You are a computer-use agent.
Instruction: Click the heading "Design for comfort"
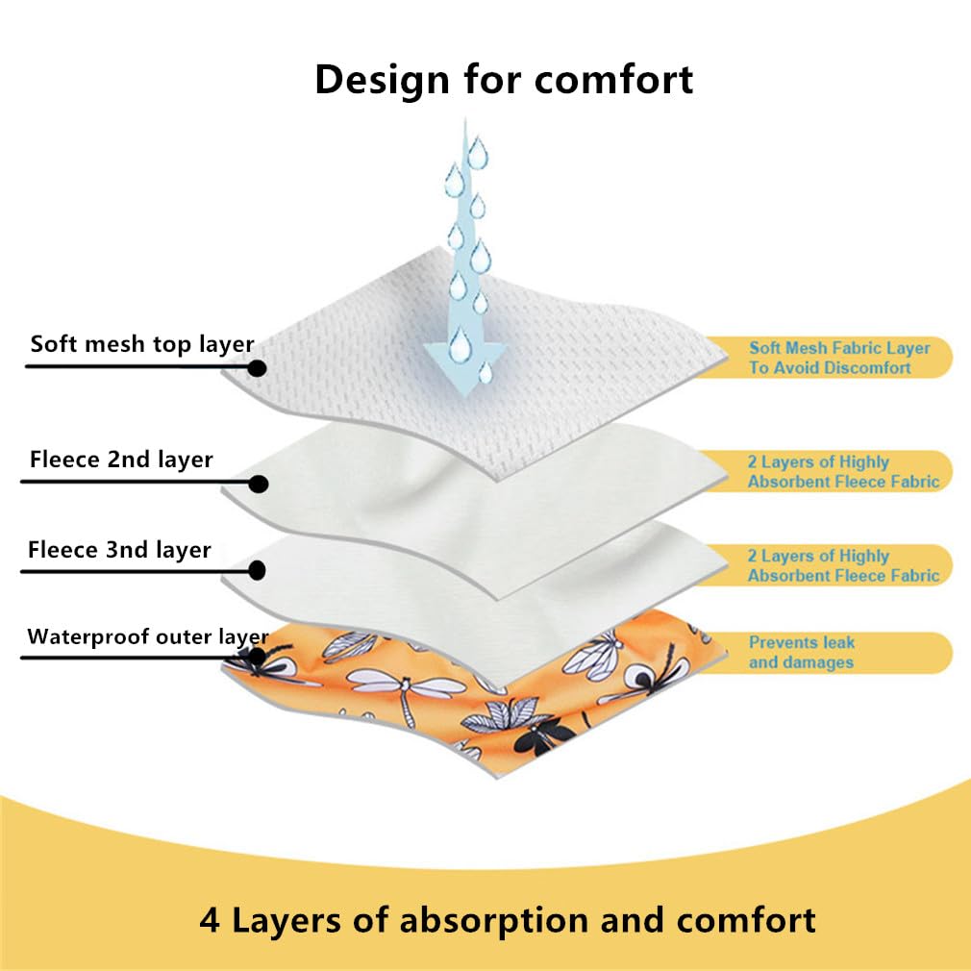(504, 80)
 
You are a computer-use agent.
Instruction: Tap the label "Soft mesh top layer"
(142, 344)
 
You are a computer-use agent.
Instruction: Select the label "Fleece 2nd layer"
(121, 460)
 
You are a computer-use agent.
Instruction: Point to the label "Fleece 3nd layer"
(119, 550)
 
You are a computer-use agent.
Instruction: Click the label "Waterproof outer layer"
(148, 637)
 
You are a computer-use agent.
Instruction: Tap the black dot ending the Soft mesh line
(257, 368)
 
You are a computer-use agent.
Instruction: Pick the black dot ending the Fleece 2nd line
(259, 484)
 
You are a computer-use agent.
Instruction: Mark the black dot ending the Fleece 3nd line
(257, 570)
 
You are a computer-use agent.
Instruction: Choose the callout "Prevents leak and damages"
(802, 653)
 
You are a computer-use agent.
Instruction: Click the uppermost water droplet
(478, 153)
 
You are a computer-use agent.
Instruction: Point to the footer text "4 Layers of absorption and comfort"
(508, 920)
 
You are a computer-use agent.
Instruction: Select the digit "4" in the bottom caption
(210, 921)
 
